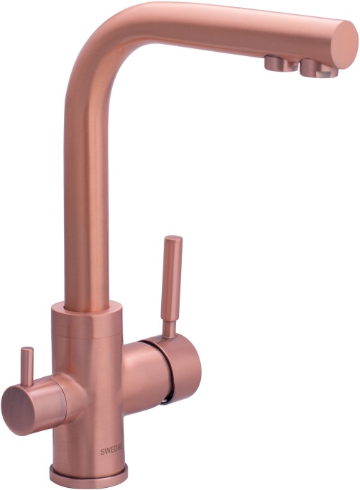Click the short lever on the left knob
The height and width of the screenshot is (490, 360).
(27, 366)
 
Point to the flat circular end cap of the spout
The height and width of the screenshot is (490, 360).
(345, 43)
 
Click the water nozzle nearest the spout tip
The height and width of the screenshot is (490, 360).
(315, 68)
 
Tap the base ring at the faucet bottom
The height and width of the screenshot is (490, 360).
(89, 474)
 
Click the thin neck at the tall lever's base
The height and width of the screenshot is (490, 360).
(169, 327)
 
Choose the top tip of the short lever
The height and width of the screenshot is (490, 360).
(26, 351)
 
